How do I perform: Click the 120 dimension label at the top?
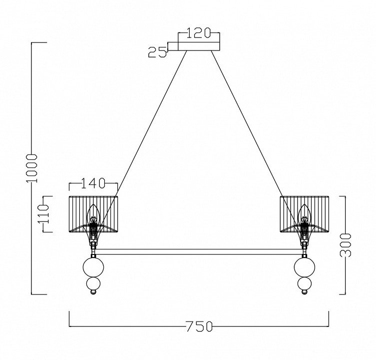click(198, 33)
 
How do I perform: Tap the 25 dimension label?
click(157, 52)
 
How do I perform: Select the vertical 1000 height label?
click(31, 168)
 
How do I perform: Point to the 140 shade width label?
click(93, 183)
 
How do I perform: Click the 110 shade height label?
click(43, 214)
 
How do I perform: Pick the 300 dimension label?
click(346, 245)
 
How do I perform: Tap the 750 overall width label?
click(199, 326)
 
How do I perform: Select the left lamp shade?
click(93, 214)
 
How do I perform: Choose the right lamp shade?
click(305, 214)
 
